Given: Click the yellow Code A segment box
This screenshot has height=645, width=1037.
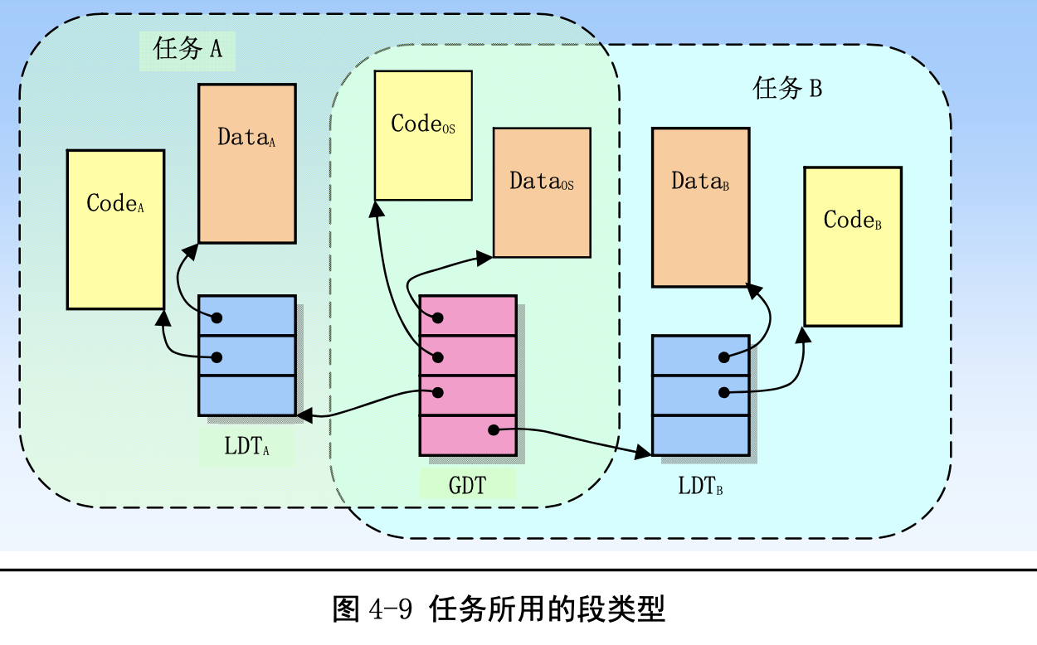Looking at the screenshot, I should point(115,230).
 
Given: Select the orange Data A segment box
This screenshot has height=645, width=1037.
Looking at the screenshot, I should point(246,164).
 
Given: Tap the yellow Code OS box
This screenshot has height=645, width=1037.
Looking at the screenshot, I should point(423,135).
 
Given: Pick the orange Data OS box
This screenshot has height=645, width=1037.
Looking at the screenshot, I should point(542,192).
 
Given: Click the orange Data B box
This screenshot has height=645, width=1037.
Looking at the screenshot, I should point(700,207).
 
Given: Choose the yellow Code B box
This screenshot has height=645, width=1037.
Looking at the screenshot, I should point(852,246).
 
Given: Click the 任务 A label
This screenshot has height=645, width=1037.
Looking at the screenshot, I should point(187,49).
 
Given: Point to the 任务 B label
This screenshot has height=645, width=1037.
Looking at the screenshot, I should point(786,89).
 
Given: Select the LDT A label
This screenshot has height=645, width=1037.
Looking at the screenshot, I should point(246,447).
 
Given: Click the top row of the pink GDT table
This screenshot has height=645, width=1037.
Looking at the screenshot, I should point(468,316).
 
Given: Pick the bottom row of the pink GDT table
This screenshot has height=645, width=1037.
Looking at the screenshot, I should point(468,435).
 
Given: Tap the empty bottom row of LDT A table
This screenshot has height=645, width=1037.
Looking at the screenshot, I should point(246,395).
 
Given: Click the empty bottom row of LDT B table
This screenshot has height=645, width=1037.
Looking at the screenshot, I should point(700,435).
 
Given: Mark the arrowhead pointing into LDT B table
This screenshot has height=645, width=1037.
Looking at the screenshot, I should point(644,452).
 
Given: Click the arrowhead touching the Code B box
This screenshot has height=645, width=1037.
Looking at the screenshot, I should point(803,334).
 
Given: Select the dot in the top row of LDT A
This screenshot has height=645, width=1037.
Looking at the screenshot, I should point(217,318).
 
